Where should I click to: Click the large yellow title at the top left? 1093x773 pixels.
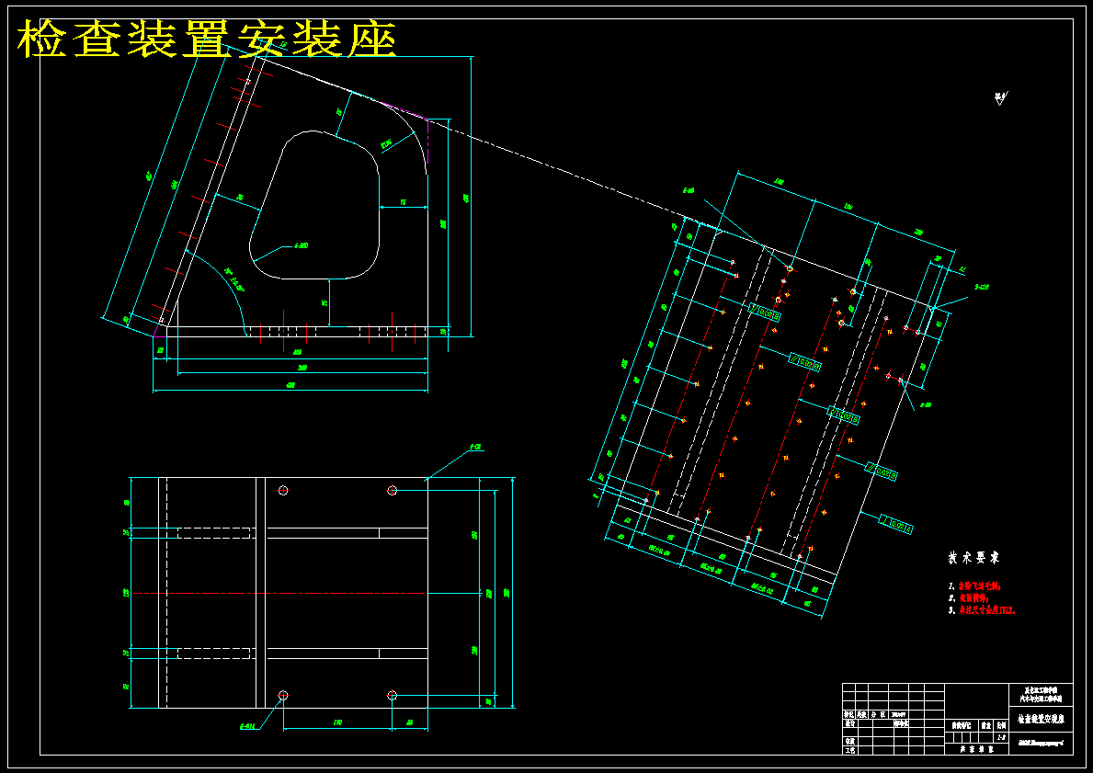coord(207,40)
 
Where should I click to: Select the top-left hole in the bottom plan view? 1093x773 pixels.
coord(283,491)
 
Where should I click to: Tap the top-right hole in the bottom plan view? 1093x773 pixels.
coord(392,491)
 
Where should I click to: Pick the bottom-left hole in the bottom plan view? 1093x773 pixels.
coord(283,694)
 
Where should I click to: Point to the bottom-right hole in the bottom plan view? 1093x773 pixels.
coord(392,695)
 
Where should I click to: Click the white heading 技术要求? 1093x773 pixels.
coord(973,558)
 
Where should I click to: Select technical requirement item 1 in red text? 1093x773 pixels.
coord(978,585)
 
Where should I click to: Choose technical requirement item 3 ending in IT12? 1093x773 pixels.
coord(985,609)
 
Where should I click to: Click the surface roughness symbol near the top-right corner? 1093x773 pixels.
coord(999,98)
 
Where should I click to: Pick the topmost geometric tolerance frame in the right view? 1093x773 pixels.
coord(766,313)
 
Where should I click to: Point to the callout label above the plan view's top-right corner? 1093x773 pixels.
coord(475,448)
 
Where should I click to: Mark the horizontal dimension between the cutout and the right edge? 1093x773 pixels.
coord(403,202)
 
